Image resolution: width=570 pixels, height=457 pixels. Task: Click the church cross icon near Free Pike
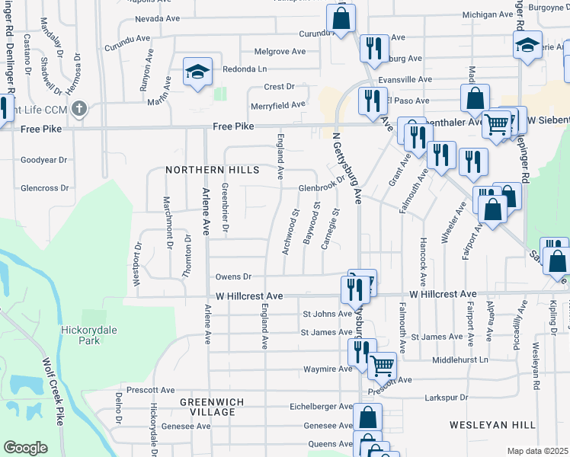click(x=79, y=108)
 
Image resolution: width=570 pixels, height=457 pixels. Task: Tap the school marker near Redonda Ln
click(x=197, y=74)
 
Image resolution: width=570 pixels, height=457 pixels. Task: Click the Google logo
click(x=25, y=447)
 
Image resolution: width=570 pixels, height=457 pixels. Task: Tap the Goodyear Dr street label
click(x=44, y=160)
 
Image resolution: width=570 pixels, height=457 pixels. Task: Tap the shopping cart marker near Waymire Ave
click(x=382, y=366)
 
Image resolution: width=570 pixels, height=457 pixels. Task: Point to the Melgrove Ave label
click(x=280, y=52)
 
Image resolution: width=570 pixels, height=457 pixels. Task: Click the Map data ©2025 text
click(x=538, y=451)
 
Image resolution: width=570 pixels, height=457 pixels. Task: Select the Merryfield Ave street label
click(x=278, y=104)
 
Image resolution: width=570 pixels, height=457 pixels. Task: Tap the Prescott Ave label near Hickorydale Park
click(x=152, y=390)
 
